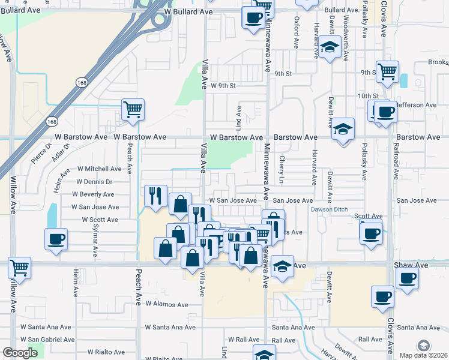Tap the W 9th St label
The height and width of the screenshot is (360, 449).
(224, 86)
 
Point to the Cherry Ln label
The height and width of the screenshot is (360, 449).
(282, 170)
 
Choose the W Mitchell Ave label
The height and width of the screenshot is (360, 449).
(99, 169)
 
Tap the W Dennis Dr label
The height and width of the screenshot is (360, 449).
(94, 181)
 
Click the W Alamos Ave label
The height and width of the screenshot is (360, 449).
(166, 304)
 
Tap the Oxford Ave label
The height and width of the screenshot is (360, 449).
(296, 32)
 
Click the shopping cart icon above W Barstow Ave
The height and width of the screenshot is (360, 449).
(133, 109)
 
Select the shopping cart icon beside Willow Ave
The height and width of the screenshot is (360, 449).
(20, 268)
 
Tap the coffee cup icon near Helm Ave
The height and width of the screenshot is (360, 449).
(56, 239)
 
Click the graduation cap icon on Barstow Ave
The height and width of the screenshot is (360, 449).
(343, 129)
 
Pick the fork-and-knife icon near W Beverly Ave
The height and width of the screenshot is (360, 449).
(155, 195)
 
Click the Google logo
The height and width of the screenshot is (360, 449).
(20, 353)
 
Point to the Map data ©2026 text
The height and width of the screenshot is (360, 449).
(424, 355)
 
